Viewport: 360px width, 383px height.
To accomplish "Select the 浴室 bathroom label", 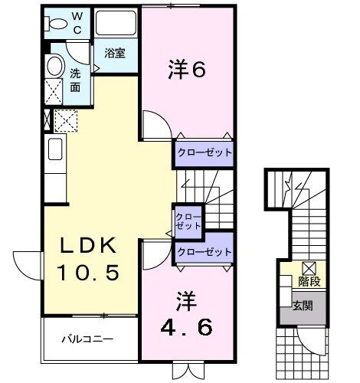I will tap(116, 54).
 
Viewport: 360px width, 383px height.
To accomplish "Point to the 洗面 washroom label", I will tap(75, 80).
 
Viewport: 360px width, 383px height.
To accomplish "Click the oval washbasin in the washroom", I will tap(55, 66).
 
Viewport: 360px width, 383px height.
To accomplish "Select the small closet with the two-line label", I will tap(188, 221).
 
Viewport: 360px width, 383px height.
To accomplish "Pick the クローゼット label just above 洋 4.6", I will tap(204, 252).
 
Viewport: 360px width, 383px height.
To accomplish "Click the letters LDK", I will tap(90, 246).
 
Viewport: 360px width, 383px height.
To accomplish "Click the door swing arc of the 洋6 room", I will tap(153, 123).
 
